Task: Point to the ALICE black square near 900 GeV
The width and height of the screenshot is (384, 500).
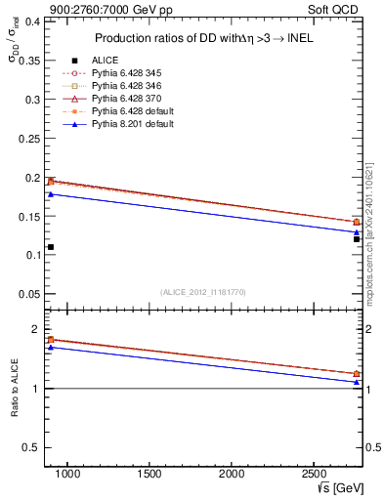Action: [51, 247]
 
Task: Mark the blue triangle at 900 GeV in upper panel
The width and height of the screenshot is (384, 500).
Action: [51, 194]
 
